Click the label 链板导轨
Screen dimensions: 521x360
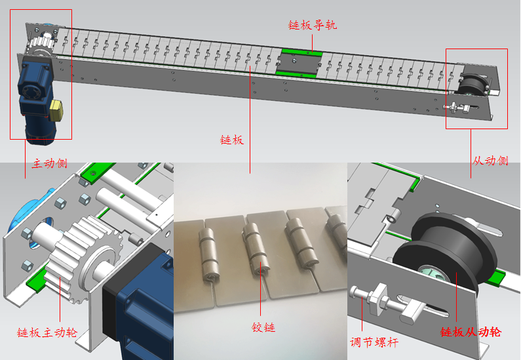pyautogui.click(x=313, y=26)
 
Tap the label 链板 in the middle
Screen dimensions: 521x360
pyautogui.click(x=232, y=140)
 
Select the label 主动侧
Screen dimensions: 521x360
pyautogui.click(x=50, y=163)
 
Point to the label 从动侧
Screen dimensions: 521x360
pyautogui.click(x=490, y=161)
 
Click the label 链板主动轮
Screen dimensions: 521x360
pyautogui.click(x=47, y=332)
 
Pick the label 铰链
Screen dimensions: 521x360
pyautogui.click(x=263, y=327)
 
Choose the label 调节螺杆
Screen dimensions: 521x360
pyautogui.click(x=374, y=342)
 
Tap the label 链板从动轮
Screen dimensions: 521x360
pyautogui.click(x=471, y=332)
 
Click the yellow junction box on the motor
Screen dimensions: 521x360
pyautogui.click(x=56, y=111)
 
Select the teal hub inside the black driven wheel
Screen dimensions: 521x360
pyautogui.click(x=432, y=273)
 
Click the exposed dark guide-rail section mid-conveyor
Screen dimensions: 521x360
pyautogui.click(x=298, y=64)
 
